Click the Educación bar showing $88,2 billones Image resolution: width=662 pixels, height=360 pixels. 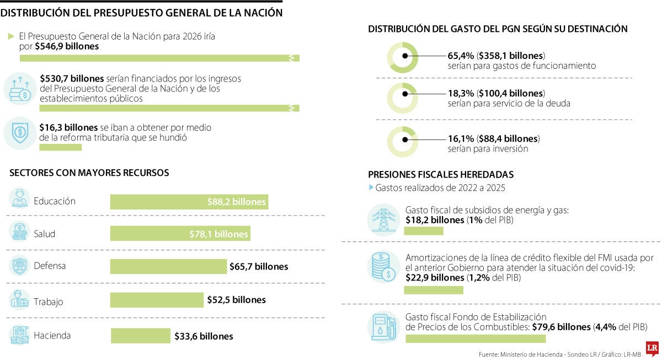[x=189, y=202]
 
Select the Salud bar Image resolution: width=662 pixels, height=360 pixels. [x=180, y=234]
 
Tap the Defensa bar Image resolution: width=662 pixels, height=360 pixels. [x=168, y=266]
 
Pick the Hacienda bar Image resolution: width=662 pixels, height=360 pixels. [x=141, y=336]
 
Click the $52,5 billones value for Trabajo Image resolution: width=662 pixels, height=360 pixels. [x=236, y=300]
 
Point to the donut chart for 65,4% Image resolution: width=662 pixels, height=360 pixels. [x=403, y=56]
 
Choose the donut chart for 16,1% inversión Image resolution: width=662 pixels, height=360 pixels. [x=403, y=142]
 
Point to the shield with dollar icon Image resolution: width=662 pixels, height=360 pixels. [x=20, y=133]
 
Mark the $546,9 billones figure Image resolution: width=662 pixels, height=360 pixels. [x=67, y=46]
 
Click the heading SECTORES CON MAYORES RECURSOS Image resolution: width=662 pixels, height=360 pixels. [x=89, y=173]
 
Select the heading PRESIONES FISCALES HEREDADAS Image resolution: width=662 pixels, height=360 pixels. [x=441, y=174]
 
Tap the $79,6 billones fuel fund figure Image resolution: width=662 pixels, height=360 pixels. [x=561, y=327]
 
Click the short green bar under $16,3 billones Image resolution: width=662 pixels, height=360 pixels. [x=60, y=147]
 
